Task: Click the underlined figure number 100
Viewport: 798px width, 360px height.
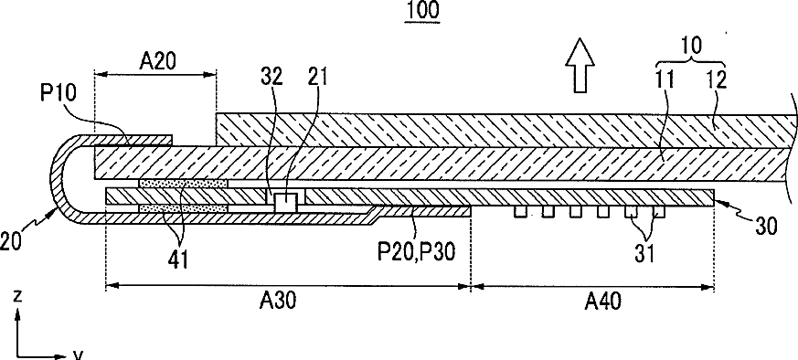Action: pos(422,10)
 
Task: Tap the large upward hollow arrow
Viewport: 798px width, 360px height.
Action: pos(580,65)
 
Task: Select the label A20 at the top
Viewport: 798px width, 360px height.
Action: pos(157,61)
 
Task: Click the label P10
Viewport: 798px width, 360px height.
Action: pos(58,94)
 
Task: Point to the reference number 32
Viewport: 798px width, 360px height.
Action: pos(272,77)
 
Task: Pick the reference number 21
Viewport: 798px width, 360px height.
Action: pos(317,77)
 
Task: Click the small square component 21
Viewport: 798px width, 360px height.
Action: pos(285,203)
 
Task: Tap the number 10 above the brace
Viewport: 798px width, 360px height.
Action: pos(690,46)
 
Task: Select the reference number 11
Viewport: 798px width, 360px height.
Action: pos(665,79)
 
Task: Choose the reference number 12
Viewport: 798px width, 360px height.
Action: pos(716,79)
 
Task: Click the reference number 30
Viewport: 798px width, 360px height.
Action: pos(766,227)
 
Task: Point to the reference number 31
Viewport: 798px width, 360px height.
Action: pos(644,252)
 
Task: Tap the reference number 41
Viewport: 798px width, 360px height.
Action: pos(178,259)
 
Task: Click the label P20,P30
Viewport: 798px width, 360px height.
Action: pos(416,251)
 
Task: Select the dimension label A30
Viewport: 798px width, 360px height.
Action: pos(278,301)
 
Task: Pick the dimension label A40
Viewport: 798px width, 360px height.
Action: pos(602,302)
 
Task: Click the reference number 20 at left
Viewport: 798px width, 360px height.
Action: pos(10,240)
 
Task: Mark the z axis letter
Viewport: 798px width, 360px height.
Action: pos(17,296)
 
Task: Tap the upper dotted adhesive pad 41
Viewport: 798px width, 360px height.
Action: pos(183,183)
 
